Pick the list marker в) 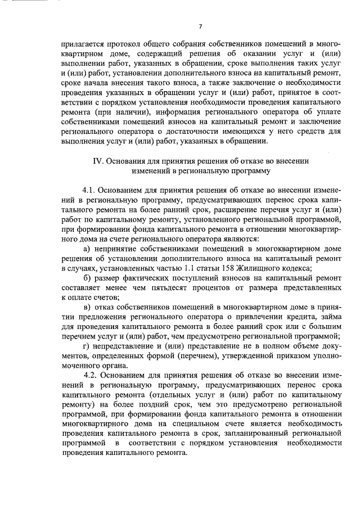click(x=87, y=307)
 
